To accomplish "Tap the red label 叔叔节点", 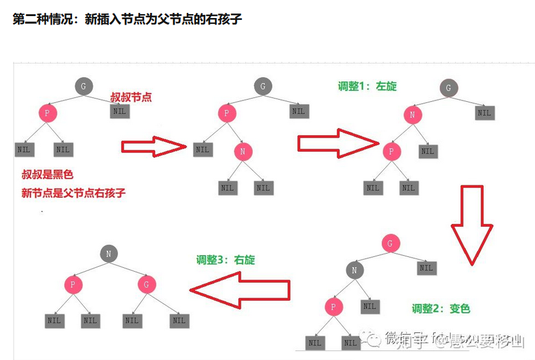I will pos(131,97).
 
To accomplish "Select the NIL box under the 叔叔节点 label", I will pos(120,111).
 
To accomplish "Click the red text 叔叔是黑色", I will pos(48,174).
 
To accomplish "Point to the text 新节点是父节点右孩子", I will pos(73,193).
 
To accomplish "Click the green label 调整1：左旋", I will pos(368,86).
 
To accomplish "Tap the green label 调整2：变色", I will pos(441,308).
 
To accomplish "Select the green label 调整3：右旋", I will pos(225,260).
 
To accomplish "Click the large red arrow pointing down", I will pos(471,225).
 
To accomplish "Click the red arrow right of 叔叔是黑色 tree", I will pos(153,147).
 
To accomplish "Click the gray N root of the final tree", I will pos(109,254).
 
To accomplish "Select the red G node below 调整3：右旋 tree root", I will pos(147,284).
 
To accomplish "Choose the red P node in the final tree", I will pos(73,284).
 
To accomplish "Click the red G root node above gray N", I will pos(390,243).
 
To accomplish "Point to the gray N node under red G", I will pos(354,270).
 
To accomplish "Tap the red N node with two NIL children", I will pos(243,152).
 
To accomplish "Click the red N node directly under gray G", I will pos(413,115).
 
